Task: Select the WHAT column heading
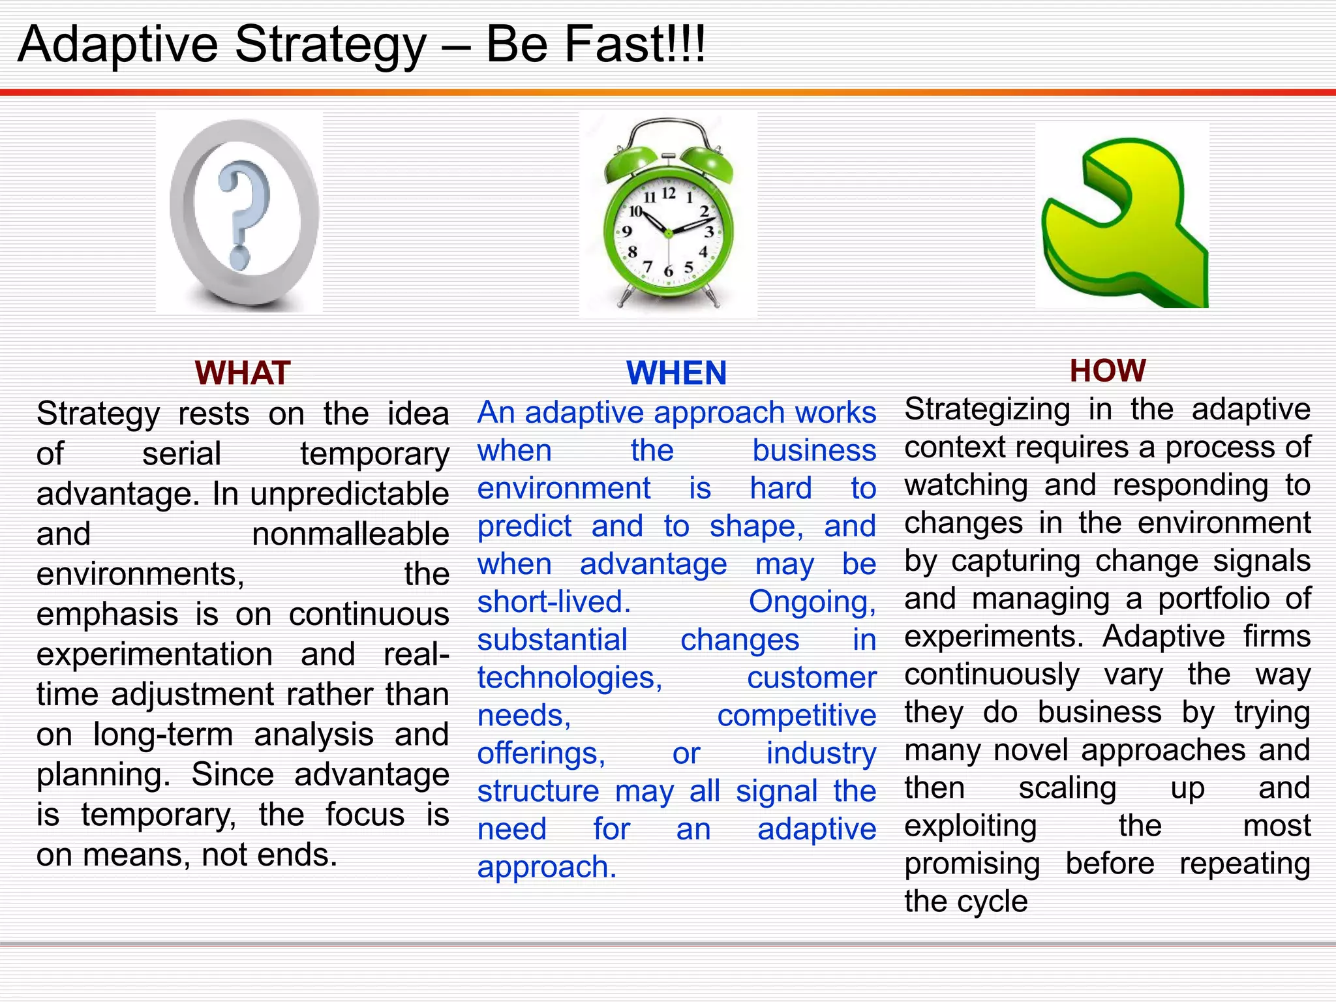242,373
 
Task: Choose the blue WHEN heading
676,373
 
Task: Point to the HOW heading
1108,371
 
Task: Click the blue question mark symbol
243,215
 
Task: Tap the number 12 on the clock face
669,193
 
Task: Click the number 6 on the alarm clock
668,271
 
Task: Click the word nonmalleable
350,534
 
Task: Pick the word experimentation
155,654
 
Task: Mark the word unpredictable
350,494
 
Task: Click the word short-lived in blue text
554,601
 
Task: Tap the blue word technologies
569,678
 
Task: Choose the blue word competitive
797,716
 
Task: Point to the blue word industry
821,753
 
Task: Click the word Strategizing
988,410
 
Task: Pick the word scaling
1067,788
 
